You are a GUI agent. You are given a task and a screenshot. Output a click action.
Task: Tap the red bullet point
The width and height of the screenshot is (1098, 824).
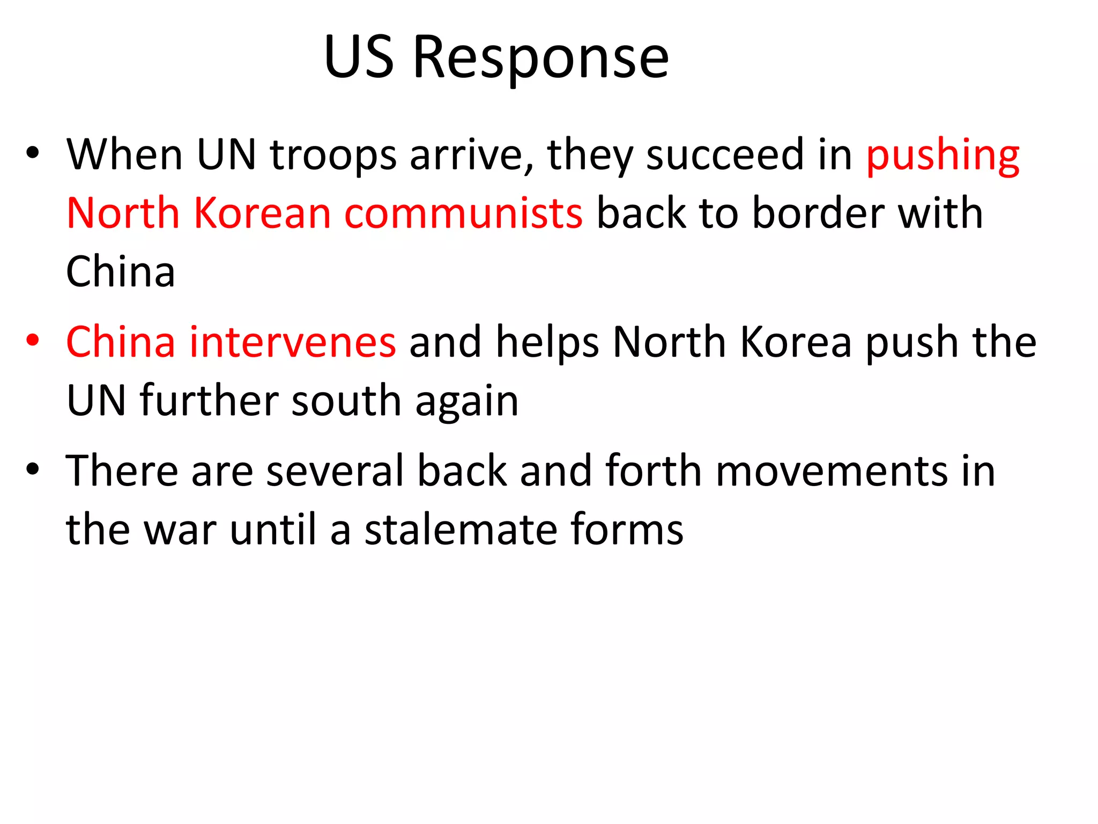[x=33, y=341]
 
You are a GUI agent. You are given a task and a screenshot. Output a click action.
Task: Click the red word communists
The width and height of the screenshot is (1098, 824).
[x=463, y=214]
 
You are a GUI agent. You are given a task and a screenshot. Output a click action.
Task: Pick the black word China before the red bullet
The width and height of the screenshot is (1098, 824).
[x=121, y=272]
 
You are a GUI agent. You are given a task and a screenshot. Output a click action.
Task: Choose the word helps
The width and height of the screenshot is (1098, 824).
[x=547, y=342]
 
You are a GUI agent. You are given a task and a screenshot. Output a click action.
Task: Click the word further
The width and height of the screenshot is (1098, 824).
[x=210, y=401]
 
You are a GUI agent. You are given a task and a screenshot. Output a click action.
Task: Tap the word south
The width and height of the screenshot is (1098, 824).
[x=346, y=401]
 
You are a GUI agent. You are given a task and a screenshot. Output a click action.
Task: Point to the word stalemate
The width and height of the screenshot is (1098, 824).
[x=461, y=529]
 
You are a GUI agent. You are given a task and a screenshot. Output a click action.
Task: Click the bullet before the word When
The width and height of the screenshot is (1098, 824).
[x=33, y=153]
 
